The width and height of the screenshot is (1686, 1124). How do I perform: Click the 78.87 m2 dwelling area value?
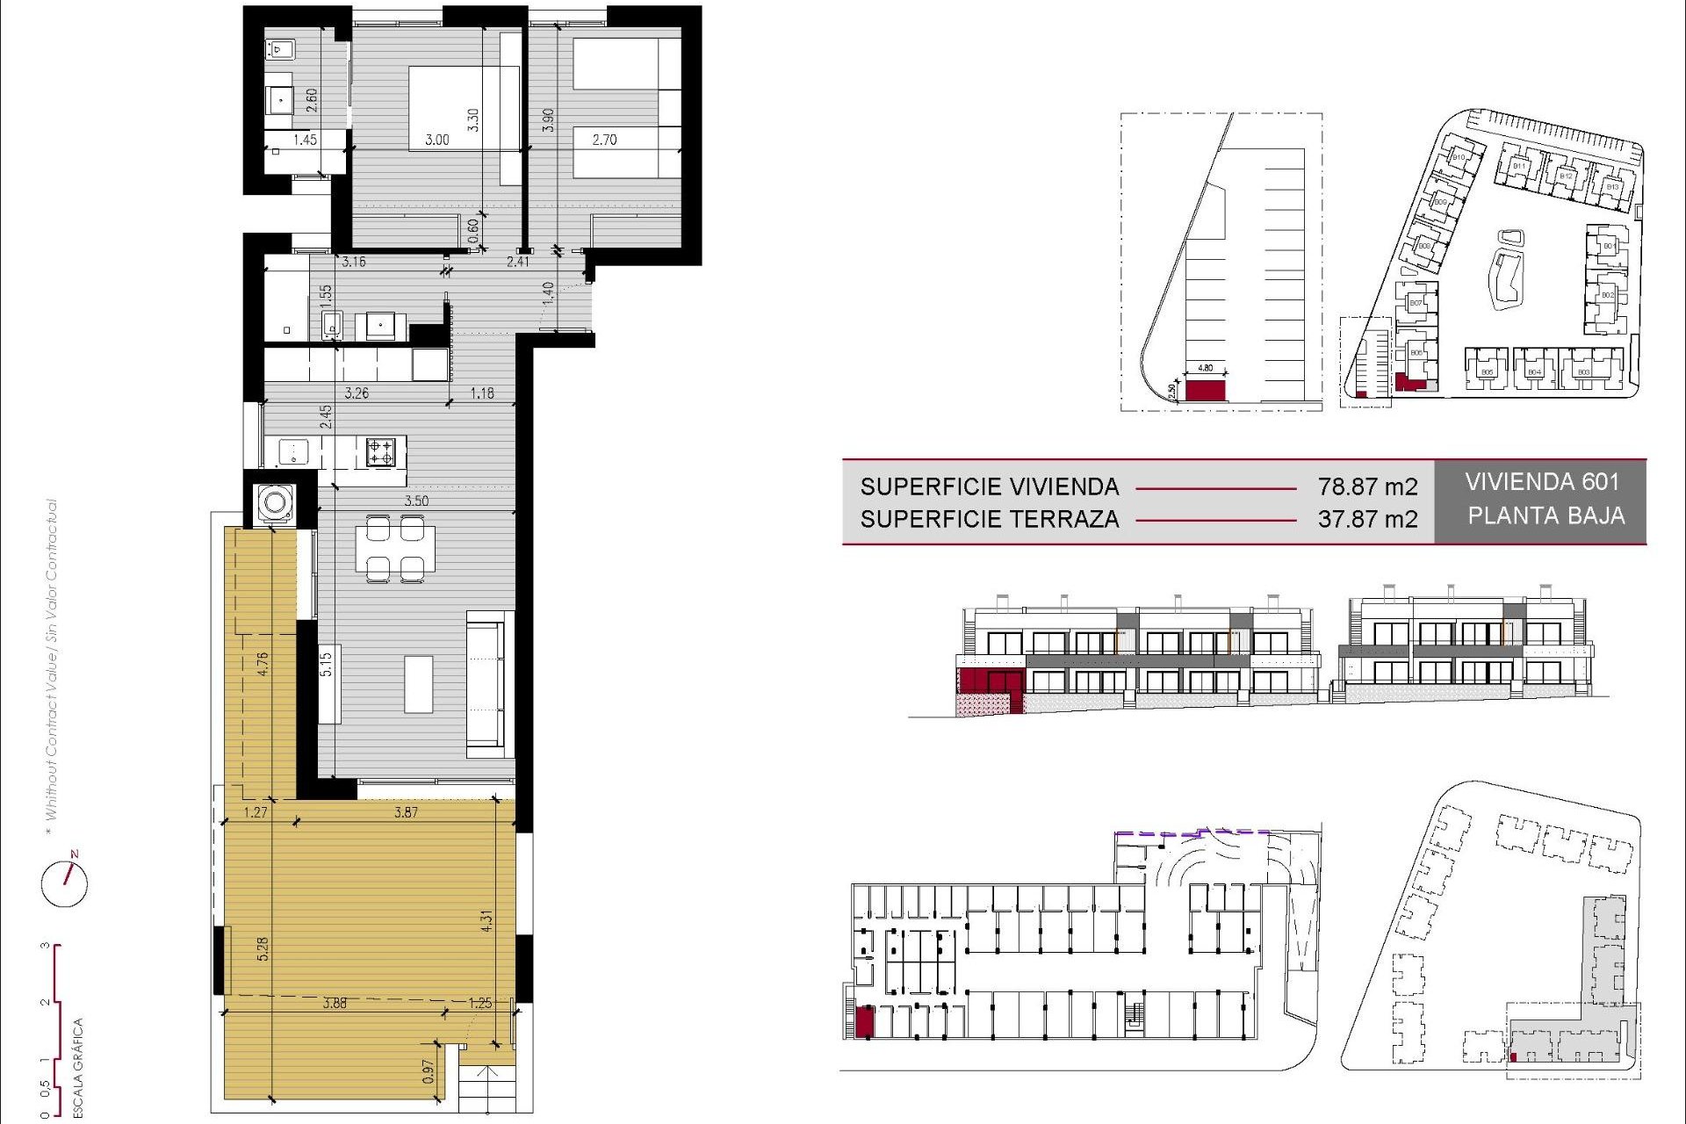tap(1367, 486)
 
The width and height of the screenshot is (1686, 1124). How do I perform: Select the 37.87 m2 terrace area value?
tap(1367, 519)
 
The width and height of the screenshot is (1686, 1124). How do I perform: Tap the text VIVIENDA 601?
tap(1541, 482)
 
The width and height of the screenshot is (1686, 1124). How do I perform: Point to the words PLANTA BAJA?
tap(1545, 515)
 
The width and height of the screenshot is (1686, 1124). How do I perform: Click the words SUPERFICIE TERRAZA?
tap(990, 519)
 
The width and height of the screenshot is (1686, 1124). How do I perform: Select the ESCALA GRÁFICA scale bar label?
tap(78, 1067)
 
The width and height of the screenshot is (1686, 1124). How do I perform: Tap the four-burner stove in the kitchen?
tap(380, 452)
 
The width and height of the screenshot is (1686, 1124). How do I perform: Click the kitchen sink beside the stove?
tap(292, 452)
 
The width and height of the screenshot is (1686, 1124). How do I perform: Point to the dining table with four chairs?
tap(395, 549)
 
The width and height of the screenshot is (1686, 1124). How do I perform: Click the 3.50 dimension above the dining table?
tap(416, 501)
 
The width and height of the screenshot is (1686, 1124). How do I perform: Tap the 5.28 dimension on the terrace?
tap(263, 948)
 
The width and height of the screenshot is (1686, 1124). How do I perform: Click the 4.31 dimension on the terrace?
tap(486, 920)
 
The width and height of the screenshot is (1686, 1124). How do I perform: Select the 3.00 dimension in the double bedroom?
tap(437, 140)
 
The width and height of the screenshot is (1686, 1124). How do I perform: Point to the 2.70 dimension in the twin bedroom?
tap(604, 140)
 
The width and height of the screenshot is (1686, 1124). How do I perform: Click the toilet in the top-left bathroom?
tap(280, 49)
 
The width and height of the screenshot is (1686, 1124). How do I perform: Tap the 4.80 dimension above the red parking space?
tap(1206, 368)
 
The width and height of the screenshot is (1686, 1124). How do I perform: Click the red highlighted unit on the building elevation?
tap(990, 681)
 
